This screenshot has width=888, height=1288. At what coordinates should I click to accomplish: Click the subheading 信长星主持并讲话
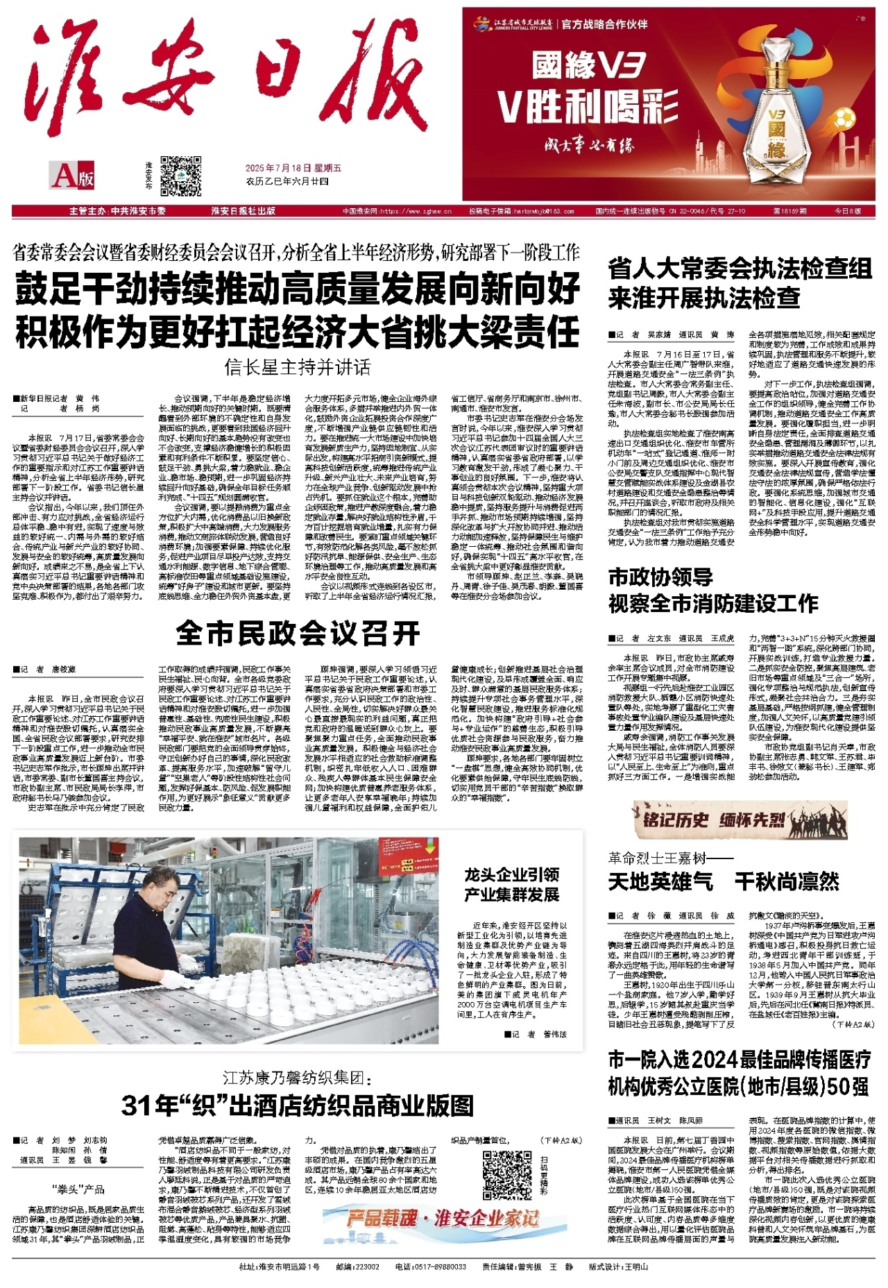(x=298, y=366)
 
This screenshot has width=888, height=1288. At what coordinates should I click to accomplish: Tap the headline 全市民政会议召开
(x=298, y=633)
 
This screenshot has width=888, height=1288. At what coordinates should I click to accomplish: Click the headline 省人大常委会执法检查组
(x=740, y=269)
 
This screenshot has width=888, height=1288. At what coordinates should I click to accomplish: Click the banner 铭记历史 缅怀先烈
(x=715, y=820)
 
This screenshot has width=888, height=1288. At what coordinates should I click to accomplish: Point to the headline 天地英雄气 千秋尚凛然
(x=723, y=881)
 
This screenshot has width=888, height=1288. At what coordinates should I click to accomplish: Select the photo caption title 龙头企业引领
(x=512, y=874)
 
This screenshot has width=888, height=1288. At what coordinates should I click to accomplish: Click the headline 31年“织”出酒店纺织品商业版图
(x=298, y=1105)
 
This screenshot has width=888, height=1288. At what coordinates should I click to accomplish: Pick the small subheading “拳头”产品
(x=78, y=1189)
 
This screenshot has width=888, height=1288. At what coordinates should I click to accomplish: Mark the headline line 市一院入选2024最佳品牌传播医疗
(x=739, y=1060)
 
